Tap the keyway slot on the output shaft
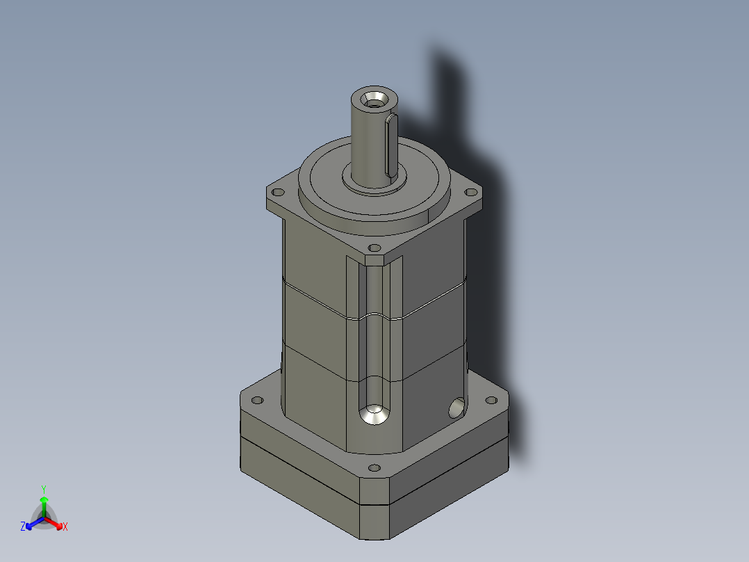click(x=390, y=145)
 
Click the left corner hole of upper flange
click(x=279, y=192)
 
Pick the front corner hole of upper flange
click(x=374, y=248)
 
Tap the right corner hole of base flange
click(x=491, y=401)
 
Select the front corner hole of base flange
click(x=374, y=467)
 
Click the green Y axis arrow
click(x=43, y=499)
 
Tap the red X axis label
click(x=65, y=527)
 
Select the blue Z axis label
click(x=23, y=527)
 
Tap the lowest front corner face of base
click(x=374, y=521)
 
